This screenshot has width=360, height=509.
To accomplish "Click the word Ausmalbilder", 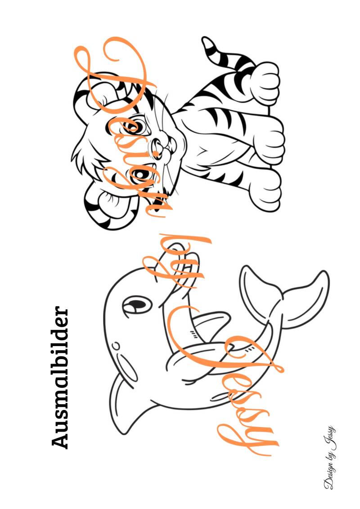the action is (x=60, y=377).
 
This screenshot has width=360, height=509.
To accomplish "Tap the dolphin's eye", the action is (x=137, y=305).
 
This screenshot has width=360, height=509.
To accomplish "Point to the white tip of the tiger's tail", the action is (x=208, y=42).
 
